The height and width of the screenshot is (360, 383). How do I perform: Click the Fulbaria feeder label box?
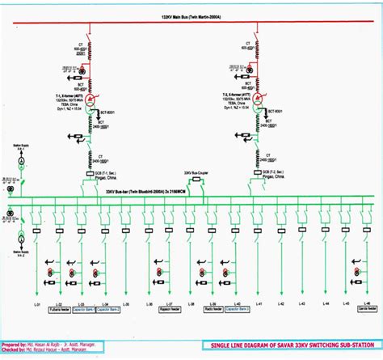pyautogui.click(x=57, y=310)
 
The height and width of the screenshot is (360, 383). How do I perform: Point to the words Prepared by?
pyautogui.click(x=14, y=345)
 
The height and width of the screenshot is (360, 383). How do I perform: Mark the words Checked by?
pyautogui.click(x=13, y=349)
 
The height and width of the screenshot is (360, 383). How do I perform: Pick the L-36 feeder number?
pyautogui.click(x=149, y=303)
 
